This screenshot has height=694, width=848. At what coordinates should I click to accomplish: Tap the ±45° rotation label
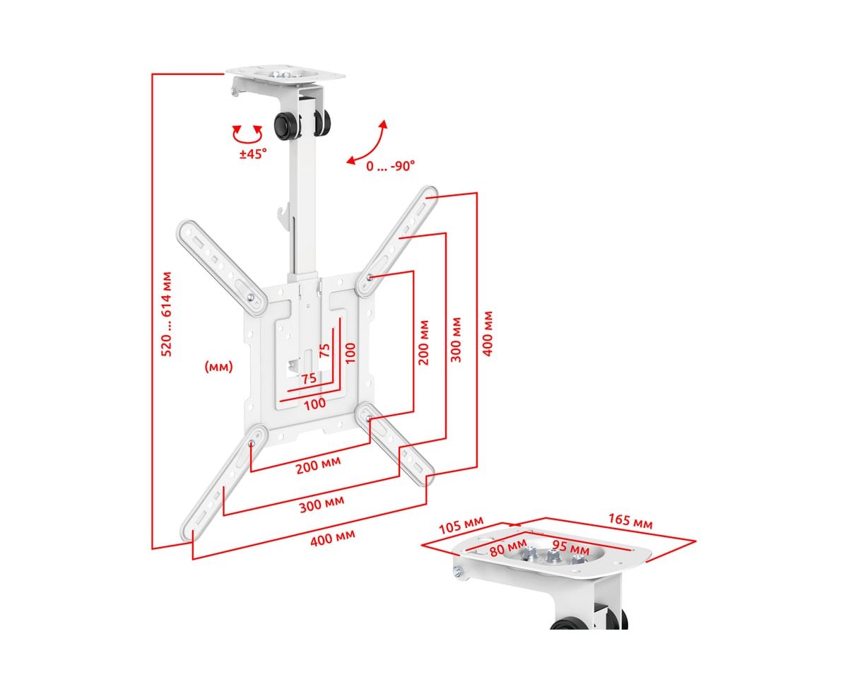coord(252,153)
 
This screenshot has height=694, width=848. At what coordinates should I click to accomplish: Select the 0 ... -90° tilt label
coord(390,166)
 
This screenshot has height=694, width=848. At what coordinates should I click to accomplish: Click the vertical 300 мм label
coord(457,339)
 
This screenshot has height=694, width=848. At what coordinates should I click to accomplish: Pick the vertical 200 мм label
coord(424,342)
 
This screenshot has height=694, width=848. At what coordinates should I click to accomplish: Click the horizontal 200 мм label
coord(318,466)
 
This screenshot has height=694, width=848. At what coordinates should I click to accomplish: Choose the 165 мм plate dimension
coord(630,522)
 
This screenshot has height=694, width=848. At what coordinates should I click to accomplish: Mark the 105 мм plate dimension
coord(461,526)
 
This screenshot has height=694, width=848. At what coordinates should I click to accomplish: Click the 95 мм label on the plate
coord(570,546)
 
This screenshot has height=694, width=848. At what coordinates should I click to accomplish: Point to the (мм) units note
coord(218,367)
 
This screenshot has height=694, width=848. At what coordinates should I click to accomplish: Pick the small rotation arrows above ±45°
coord(248,132)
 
